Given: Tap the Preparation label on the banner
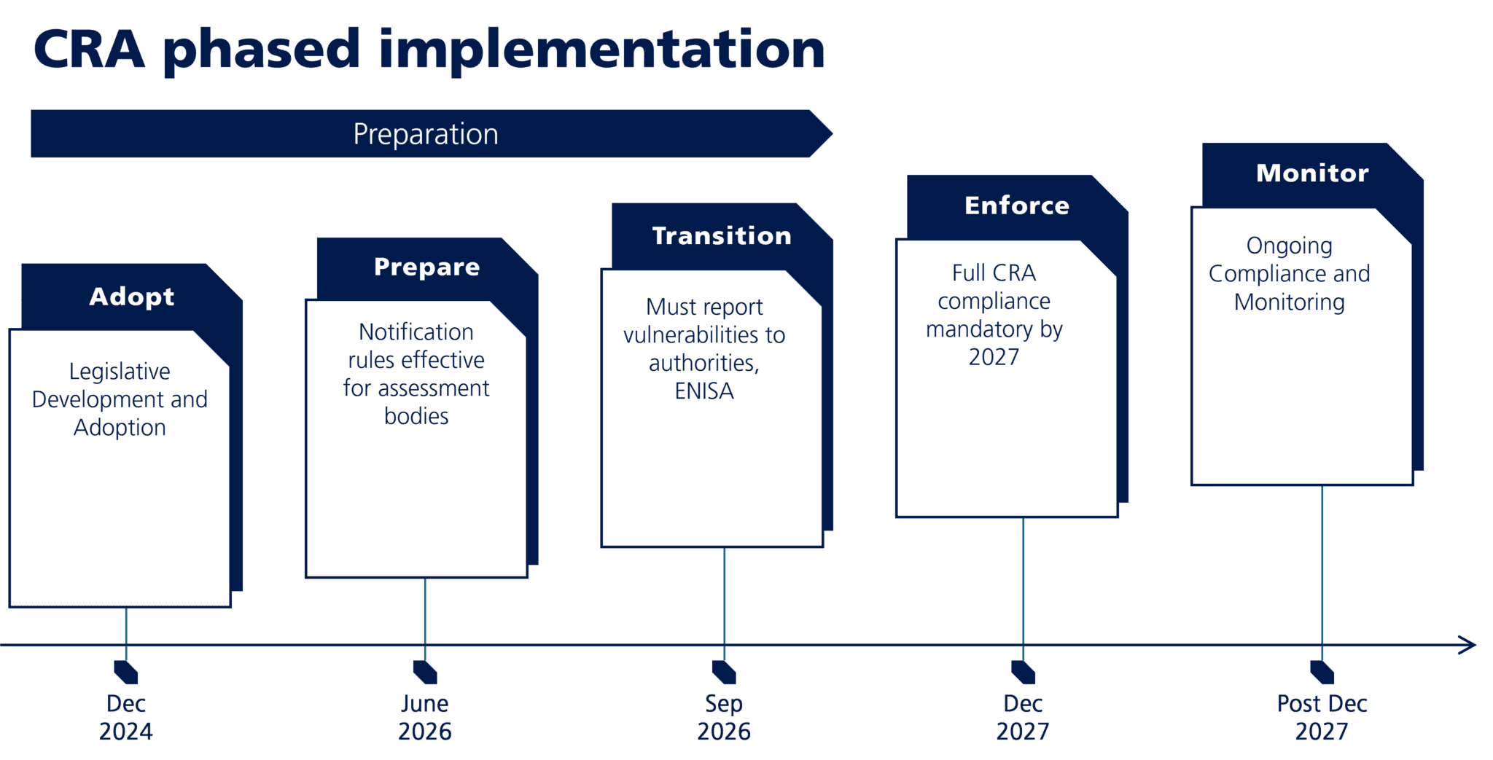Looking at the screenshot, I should [426, 134].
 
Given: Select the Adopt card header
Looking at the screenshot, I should [131, 297].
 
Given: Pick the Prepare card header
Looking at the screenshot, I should [426, 267].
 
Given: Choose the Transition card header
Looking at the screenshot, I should [721, 235].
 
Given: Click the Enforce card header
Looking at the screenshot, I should [1017, 205].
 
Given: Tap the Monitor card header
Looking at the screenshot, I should [1312, 173].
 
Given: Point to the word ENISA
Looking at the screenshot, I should [704, 391].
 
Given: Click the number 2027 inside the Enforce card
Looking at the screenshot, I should [994, 357].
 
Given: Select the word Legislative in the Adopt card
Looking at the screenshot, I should [120, 372].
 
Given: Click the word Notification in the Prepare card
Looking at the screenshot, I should [416, 332].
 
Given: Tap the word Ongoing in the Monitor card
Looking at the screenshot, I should [1289, 246].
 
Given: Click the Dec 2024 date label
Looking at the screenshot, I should [126, 717].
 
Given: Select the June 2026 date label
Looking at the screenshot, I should [425, 717].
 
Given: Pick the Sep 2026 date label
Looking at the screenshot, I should [724, 717].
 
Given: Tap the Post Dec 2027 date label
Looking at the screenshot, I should [1322, 717].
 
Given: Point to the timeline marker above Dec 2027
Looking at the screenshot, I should [1024, 672].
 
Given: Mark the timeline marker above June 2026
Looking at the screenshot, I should [425, 672].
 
